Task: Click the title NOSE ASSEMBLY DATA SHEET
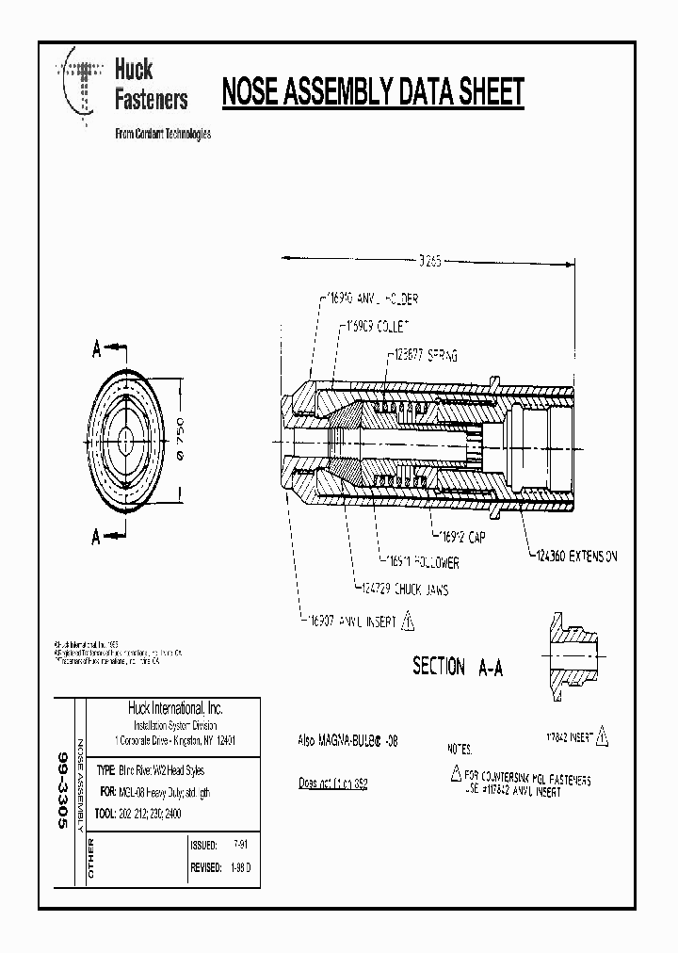(x=372, y=93)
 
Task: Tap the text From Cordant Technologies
(x=162, y=134)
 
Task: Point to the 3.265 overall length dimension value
(x=429, y=261)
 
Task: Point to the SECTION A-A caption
(x=458, y=667)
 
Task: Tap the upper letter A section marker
(x=96, y=349)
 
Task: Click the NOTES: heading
(x=460, y=749)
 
